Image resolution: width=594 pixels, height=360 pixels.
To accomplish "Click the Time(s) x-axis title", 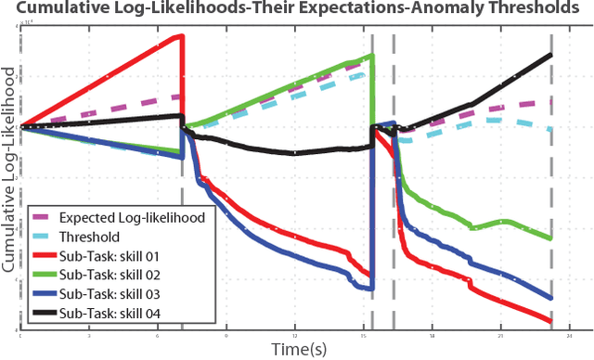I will [297, 348].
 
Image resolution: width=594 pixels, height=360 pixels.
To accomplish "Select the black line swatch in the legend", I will [43, 315].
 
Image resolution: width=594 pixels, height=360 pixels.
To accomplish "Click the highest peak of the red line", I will [182, 36].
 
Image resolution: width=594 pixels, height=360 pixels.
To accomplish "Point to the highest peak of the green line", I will [371, 56].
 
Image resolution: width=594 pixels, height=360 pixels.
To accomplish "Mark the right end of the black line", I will [551, 54].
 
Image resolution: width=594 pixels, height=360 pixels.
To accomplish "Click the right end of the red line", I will [551, 321].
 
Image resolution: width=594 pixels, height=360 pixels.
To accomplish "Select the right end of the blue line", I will [551, 299].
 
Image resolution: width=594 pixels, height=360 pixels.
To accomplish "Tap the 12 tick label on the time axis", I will [295, 335].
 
